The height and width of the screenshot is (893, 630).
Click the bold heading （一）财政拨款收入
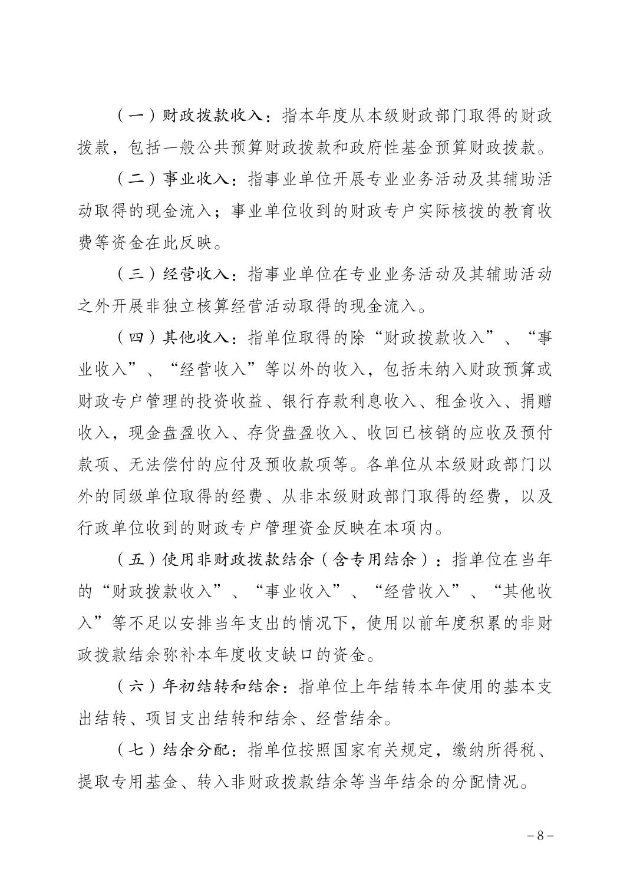[189, 116]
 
